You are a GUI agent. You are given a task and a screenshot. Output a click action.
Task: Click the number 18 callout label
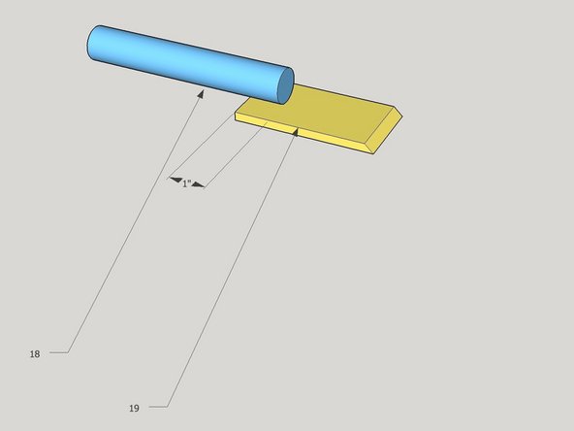coord(35,354)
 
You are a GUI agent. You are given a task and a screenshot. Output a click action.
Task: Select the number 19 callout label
coord(134,409)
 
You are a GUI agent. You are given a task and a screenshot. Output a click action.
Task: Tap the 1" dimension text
coord(187,183)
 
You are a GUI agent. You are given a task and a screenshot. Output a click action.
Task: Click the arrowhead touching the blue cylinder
coord(201,94)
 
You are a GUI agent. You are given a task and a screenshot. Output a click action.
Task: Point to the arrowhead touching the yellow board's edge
coord(296,132)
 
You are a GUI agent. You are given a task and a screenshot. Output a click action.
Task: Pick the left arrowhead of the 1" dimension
coord(175,180)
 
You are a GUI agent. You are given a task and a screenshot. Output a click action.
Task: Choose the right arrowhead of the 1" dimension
coord(198,184)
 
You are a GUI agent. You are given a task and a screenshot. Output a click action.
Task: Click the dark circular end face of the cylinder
coord(285,85)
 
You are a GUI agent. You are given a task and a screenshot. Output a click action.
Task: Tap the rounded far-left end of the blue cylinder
coord(92,42)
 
